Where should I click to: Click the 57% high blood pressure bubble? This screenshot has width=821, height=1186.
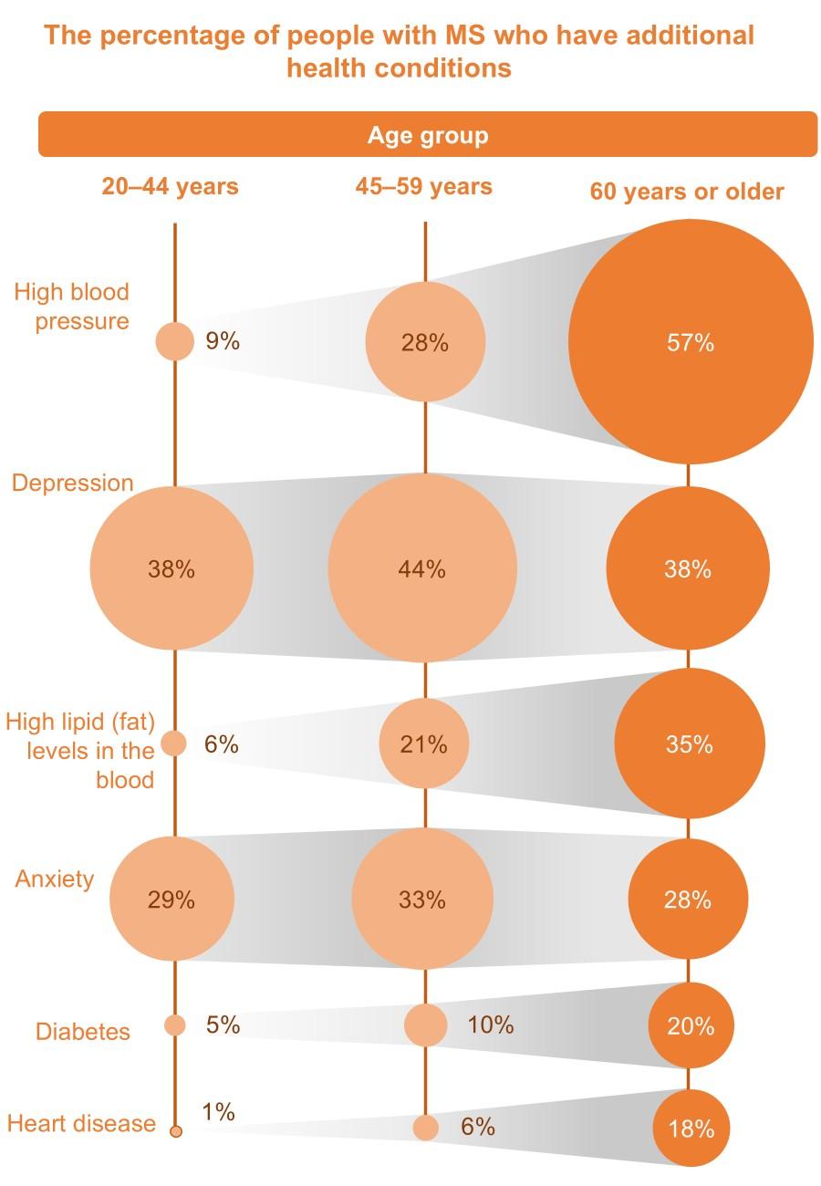point(691,342)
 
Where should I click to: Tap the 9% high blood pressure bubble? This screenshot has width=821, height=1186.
point(175,342)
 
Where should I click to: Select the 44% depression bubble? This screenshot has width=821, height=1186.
point(422,568)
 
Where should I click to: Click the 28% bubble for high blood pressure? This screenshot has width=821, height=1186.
point(425,343)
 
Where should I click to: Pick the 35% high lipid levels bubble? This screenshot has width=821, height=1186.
point(690,744)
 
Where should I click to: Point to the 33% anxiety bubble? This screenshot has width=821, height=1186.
point(422,900)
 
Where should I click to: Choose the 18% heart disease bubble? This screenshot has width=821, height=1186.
point(690,1129)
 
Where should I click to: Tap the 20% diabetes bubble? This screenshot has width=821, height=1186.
point(690,1026)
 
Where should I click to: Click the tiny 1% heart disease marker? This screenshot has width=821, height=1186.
point(176,1132)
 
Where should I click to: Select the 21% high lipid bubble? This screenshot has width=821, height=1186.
point(424,744)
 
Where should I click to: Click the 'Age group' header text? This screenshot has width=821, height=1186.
point(428,136)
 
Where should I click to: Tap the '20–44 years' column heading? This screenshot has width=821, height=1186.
point(171,187)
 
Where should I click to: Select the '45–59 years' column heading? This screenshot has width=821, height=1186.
point(424,187)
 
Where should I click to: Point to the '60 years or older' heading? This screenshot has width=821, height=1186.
point(687,192)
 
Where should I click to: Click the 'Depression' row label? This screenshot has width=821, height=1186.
point(73,483)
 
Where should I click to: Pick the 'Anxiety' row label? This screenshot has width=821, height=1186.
point(55,879)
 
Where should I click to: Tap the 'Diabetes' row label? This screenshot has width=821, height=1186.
point(83,1032)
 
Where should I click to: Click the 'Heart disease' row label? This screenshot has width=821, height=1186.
point(81,1123)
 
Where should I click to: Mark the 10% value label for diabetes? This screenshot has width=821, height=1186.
point(491,1025)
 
